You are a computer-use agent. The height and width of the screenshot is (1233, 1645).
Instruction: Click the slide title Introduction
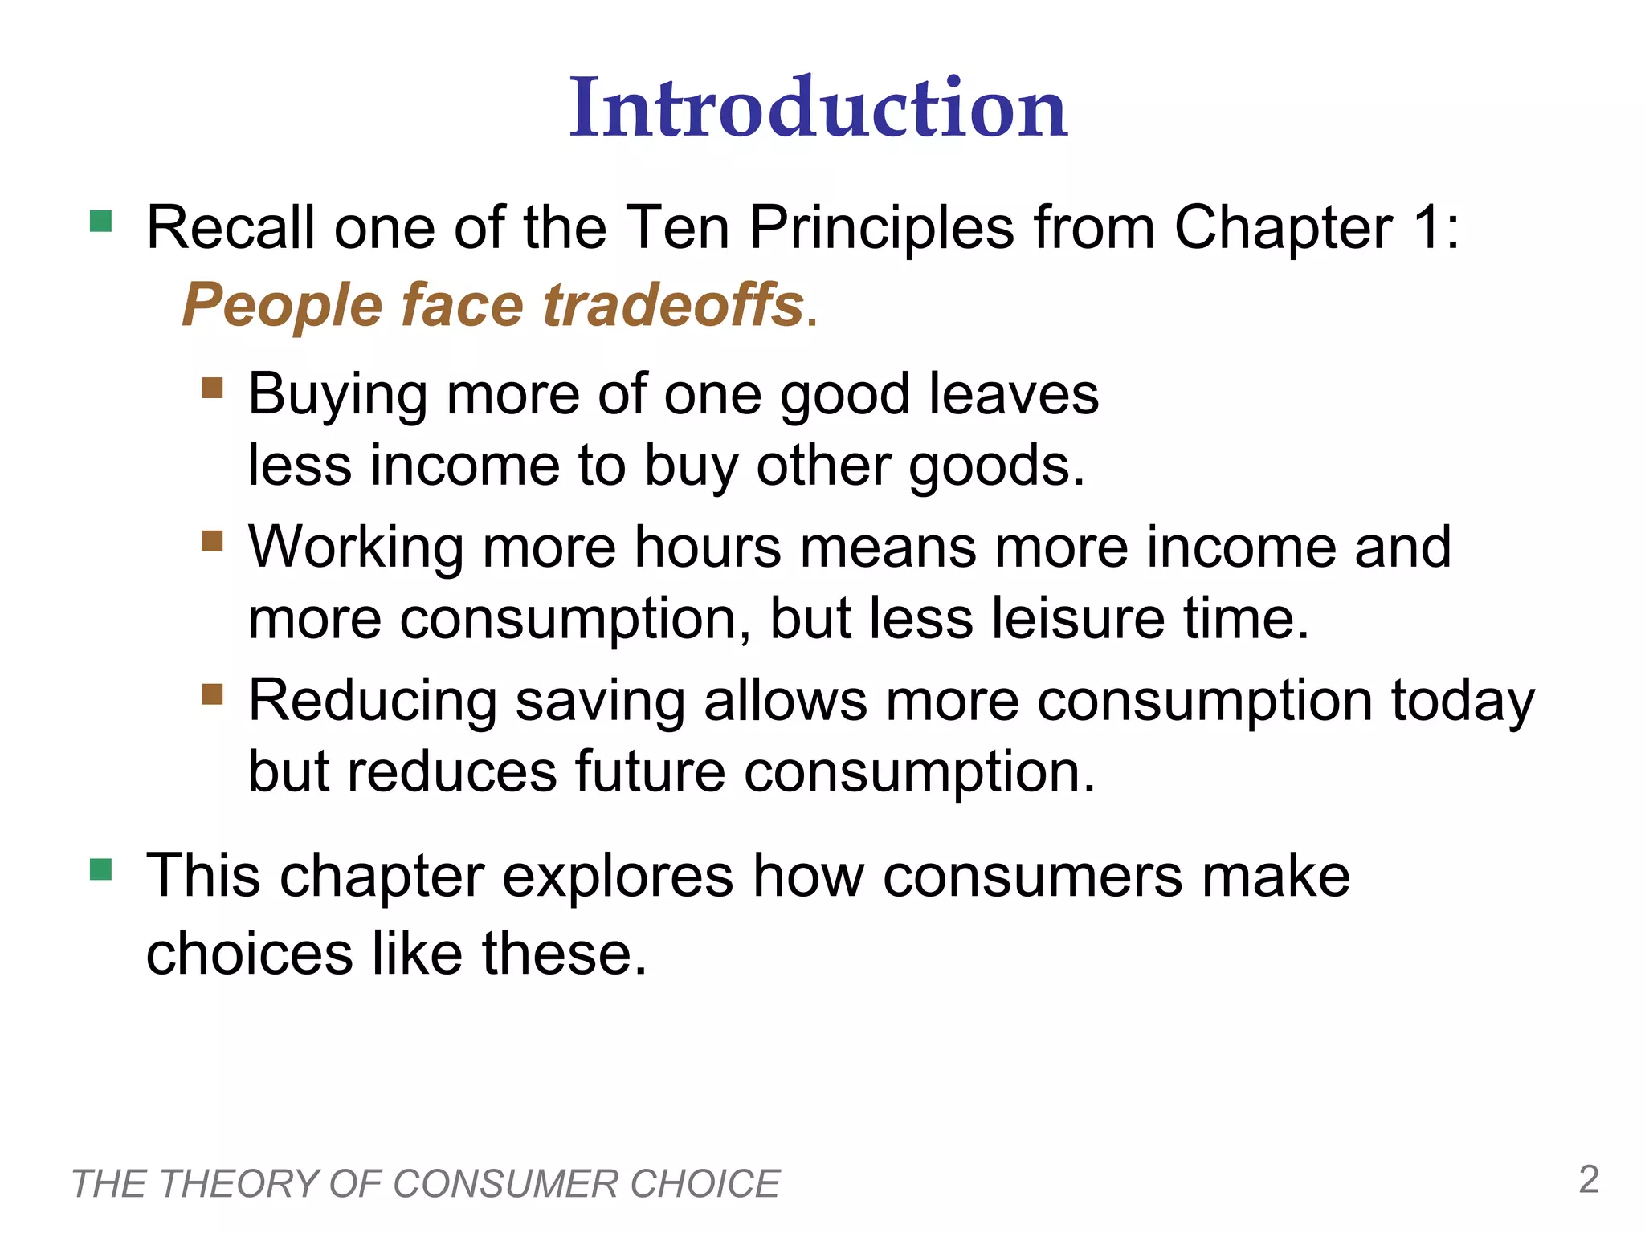818,108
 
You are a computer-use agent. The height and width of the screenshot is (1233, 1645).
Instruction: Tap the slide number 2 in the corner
1589,1179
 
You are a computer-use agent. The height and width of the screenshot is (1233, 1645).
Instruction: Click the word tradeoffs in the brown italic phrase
673,305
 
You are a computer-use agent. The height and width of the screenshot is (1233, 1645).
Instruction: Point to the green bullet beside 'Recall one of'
101,221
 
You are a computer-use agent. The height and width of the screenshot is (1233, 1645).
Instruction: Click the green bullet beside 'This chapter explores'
101,869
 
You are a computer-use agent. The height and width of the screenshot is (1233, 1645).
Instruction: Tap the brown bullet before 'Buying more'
212,389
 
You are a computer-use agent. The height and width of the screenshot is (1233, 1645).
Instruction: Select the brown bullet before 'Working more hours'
212,541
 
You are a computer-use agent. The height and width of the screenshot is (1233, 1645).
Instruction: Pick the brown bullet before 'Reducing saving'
212,694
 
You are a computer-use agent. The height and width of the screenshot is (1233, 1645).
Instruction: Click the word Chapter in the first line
1283,229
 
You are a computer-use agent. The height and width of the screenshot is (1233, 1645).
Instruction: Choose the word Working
356,547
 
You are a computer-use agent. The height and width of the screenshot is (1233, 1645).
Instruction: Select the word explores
618,876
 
